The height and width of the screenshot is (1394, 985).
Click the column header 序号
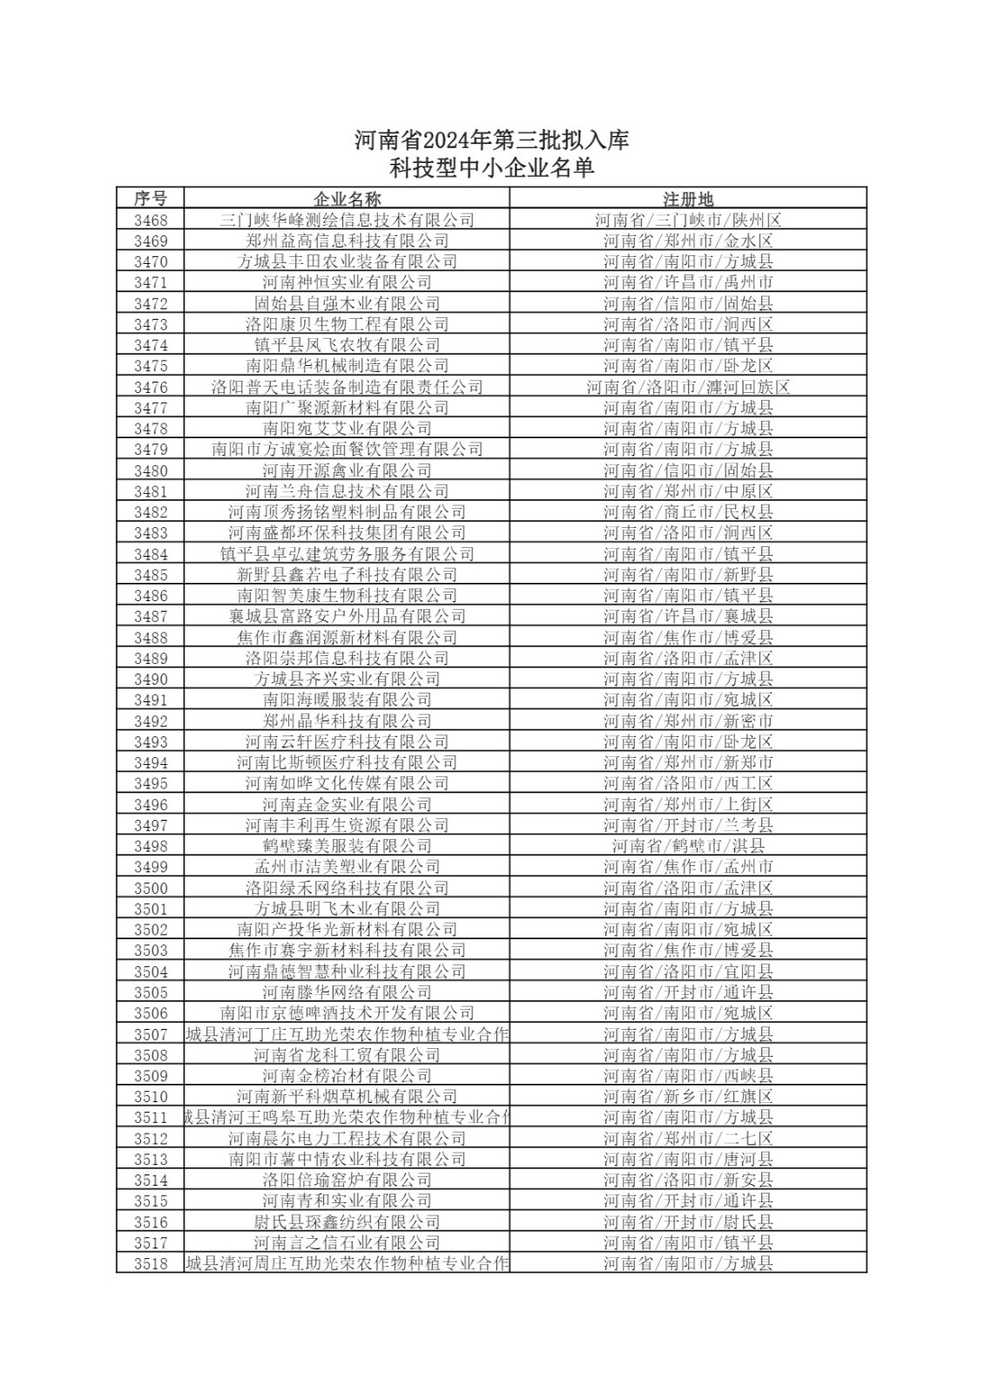(150, 199)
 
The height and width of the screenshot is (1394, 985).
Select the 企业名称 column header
(347, 199)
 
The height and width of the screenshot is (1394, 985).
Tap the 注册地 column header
(688, 199)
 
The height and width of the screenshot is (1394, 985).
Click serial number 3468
(151, 220)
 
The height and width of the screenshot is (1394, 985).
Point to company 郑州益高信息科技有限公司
(347, 240)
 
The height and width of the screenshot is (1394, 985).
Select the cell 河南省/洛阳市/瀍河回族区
(688, 387)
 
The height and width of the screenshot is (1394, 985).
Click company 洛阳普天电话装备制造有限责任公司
(347, 387)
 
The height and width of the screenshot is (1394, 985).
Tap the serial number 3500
(151, 888)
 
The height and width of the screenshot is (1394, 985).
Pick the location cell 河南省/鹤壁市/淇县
(688, 846)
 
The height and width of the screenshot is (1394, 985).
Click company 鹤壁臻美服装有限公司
(347, 846)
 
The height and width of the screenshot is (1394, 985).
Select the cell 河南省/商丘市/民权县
(688, 512)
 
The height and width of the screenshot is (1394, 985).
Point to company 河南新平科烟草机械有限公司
(347, 1097)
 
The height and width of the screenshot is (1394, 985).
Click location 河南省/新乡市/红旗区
(688, 1097)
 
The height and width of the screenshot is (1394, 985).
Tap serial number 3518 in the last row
(151, 1264)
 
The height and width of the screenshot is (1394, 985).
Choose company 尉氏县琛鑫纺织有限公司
(347, 1222)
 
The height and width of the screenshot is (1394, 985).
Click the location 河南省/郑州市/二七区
(688, 1139)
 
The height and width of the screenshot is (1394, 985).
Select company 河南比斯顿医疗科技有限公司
(347, 762)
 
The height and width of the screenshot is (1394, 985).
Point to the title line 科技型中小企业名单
(492, 167)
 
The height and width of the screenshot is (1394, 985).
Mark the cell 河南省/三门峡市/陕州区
(688, 220)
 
